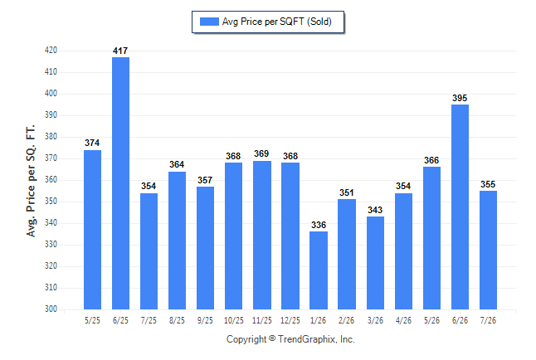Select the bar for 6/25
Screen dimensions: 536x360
tap(120, 183)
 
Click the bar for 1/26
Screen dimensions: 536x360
tap(319, 270)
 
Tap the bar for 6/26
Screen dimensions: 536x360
tap(460, 207)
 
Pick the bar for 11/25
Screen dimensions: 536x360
tap(262, 236)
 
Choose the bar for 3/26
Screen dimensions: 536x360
tap(375, 263)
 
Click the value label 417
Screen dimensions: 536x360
tap(120, 51)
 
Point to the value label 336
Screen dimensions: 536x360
tap(319, 225)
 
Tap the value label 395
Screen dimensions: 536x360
tap(460, 98)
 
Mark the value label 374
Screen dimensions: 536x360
tap(92, 143)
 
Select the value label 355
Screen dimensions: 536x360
tap(488, 185)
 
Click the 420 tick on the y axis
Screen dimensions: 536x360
tap(51, 51)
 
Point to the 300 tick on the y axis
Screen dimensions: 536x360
tap(51, 309)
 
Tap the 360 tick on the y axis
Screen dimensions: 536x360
tap(51, 180)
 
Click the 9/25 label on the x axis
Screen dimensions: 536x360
tap(205, 320)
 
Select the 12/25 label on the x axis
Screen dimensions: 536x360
tap(290, 320)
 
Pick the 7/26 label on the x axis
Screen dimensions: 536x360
tap(488, 320)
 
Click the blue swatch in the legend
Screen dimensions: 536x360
tap(209, 22)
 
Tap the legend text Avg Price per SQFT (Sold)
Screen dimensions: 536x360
tap(277, 22)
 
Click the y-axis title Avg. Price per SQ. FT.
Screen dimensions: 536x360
tap(31, 181)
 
